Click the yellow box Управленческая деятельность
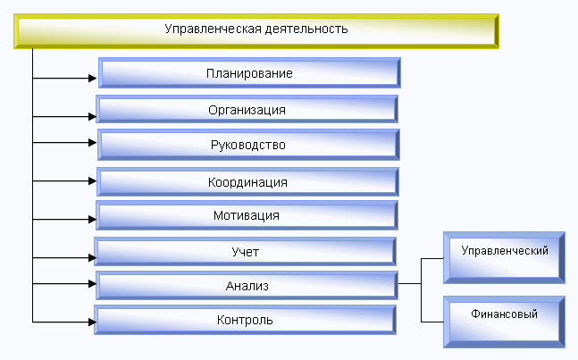pyautogui.click(x=256, y=31)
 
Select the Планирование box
pyautogui.click(x=249, y=73)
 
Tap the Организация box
pyautogui.click(x=247, y=109)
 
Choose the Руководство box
pyautogui.click(x=248, y=145)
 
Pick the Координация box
pyautogui.click(x=247, y=182)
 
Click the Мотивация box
pyautogui.click(x=247, y=215)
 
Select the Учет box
pyautogui.click(x=245, y=252)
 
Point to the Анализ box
pyautogui.click(x=247, y=286)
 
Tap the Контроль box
pyautogui.click(x=245, y=320)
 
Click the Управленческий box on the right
pyautogui.click(x=504, y=258)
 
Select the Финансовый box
pyautogui.click(x=504, y=322)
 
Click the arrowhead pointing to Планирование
pyautogui.click(x=93, y=78)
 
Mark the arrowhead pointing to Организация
pyautogui.click(x=93, y=117)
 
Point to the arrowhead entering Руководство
pyautogui.click(x=93, y=143)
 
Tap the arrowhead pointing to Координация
pyautogui.click(x=93, y=181)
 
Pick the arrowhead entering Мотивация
pyautogui.click(x=93, y=219)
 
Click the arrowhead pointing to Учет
pyautogui.click(x=93, y=258)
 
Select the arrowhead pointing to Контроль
pyautogui.click(x=93, y=322)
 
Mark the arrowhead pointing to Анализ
pyautogui.click(x=93, y=284)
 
